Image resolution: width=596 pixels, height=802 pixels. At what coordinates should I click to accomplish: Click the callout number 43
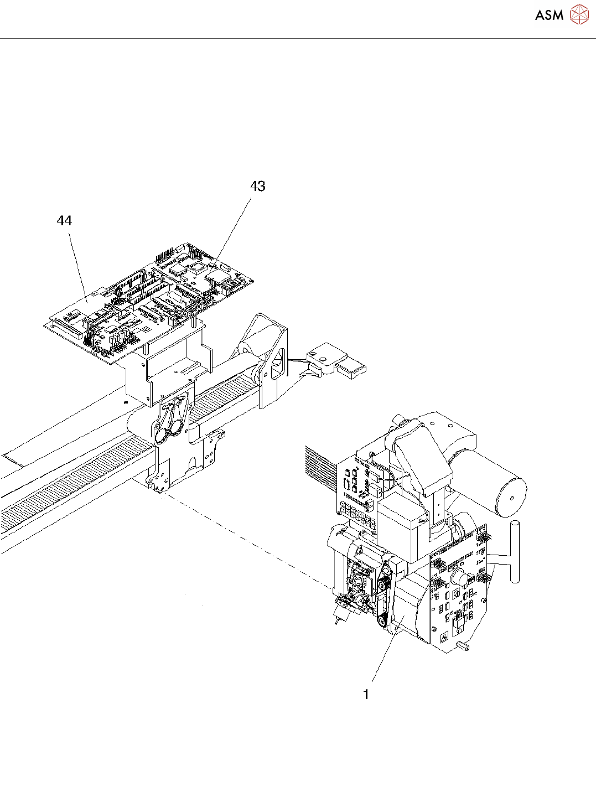258,187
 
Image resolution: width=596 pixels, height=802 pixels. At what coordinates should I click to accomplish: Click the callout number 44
64,221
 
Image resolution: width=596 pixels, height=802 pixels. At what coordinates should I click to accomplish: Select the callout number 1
366,694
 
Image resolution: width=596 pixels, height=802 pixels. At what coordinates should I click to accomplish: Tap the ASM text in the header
549,15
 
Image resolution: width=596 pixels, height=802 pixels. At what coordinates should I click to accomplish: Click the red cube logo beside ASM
579,14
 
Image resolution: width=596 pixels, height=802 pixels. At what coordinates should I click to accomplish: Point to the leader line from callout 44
77,266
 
